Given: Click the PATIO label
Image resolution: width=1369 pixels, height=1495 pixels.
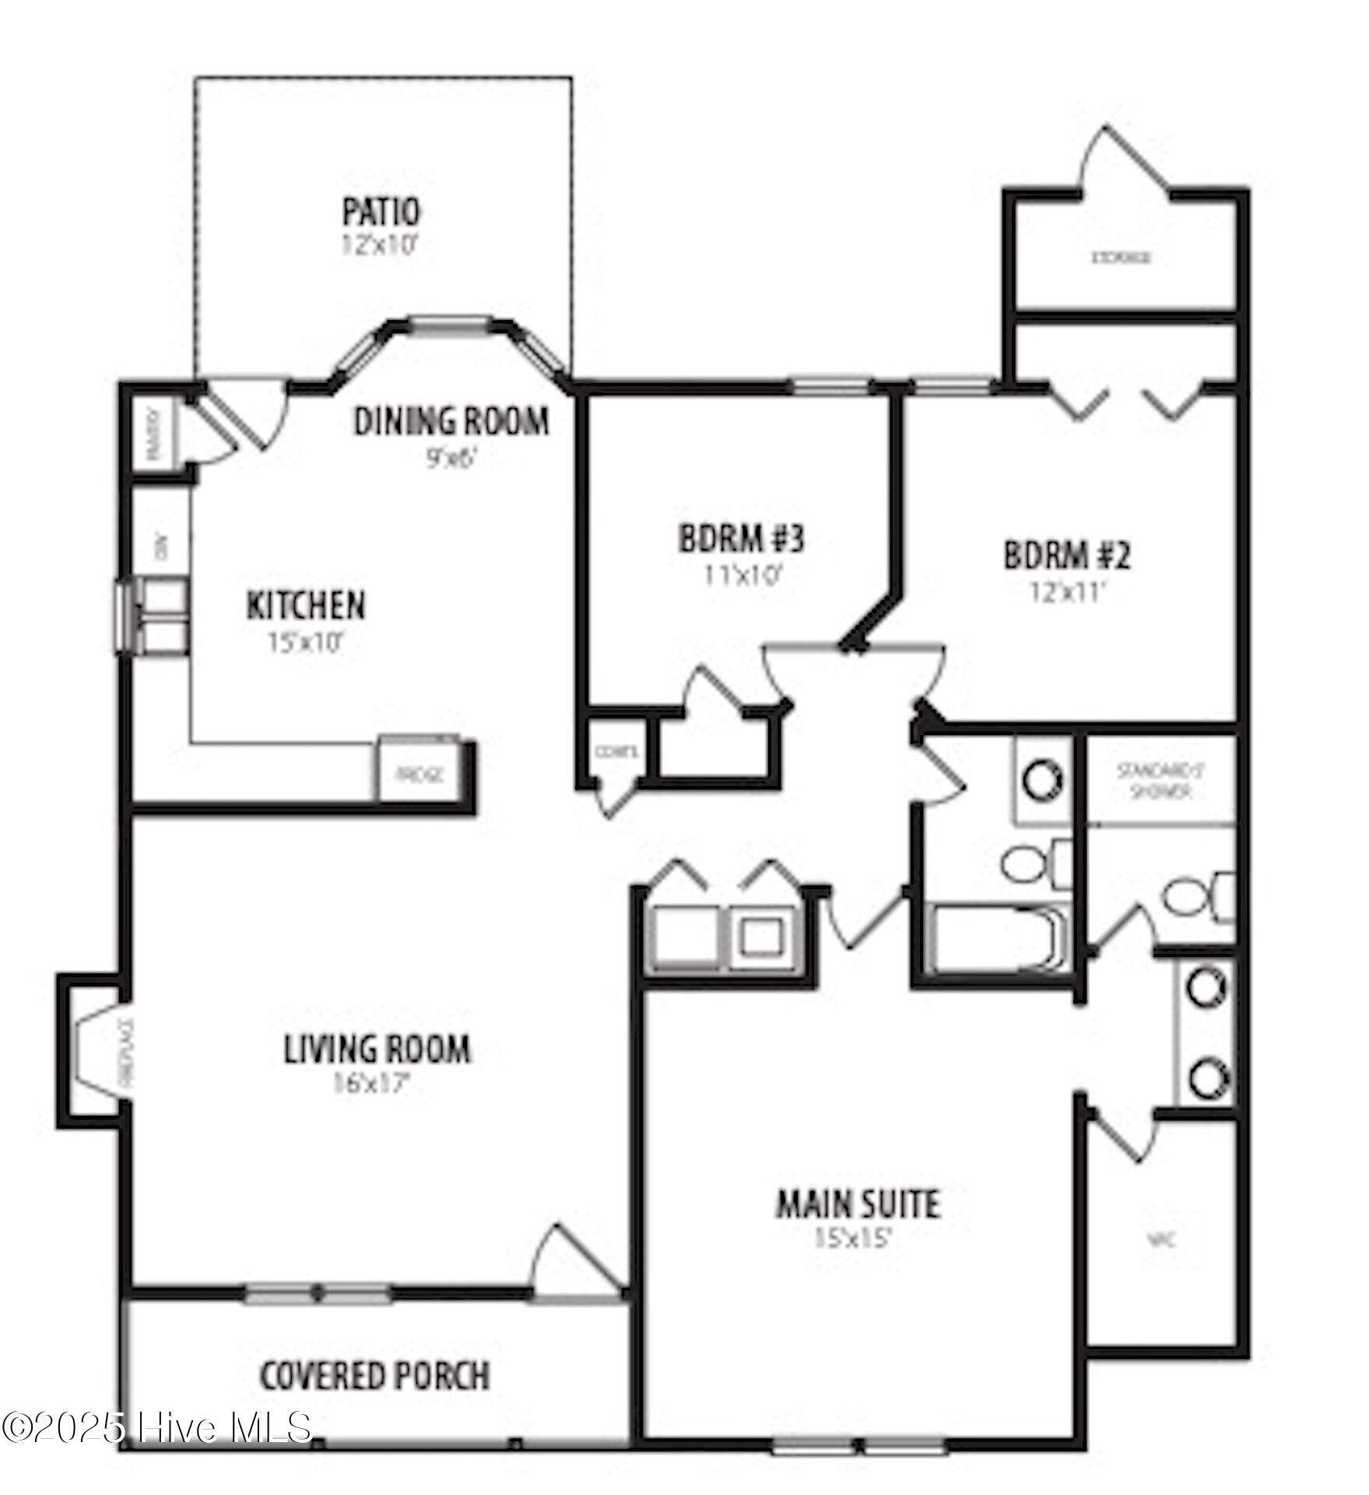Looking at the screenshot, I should click(x=381, y=212).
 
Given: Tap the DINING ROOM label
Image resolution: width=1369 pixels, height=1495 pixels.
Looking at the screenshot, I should click(x=451, y=421).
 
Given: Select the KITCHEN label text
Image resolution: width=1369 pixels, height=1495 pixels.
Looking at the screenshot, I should click(x=306, y=606).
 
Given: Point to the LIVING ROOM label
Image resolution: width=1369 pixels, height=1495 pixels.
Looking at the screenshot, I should click(x=377, y=1049).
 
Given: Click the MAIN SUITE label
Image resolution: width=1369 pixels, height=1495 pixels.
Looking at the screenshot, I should click(x=858, y=1204).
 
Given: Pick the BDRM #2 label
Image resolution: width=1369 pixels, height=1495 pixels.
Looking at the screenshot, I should click(x=1066, y=555).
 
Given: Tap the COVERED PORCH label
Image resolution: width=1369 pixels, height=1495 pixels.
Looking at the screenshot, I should click(x=374, y=1376).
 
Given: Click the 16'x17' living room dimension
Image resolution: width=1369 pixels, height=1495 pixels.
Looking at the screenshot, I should click(x=371, y=1084).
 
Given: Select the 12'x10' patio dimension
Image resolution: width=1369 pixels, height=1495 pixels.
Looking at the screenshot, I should click(x=381, y=245).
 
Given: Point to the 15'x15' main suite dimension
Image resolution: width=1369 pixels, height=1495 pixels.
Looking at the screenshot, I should click(x=852, y=1238).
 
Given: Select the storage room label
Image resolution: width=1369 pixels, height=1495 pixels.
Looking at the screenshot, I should click(x=1121, y=257).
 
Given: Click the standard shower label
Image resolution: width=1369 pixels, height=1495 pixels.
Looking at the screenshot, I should click(x=1160, y=781).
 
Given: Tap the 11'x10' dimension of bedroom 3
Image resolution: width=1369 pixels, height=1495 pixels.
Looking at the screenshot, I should click(x=742, y=575).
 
